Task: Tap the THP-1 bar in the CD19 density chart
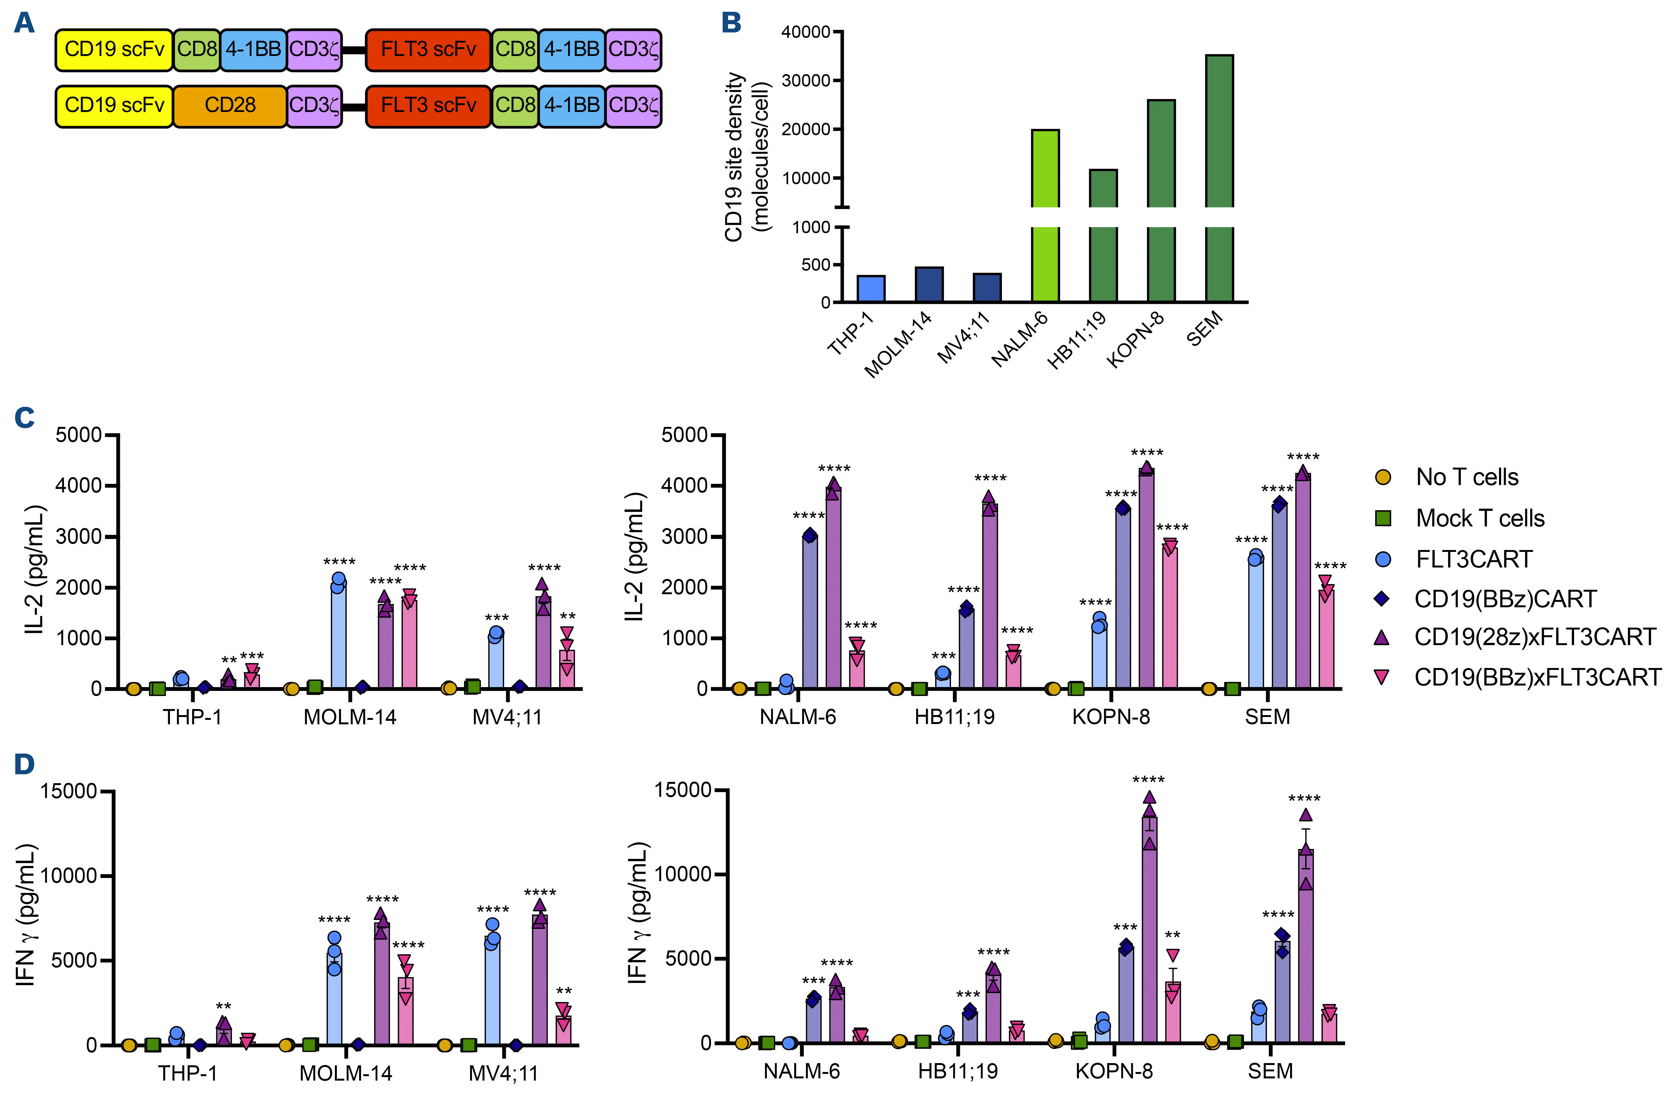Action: [871, 289]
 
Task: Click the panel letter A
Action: [24, 23]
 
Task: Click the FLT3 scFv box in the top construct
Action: [428, 50]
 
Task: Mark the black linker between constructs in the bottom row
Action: [354, 107]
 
